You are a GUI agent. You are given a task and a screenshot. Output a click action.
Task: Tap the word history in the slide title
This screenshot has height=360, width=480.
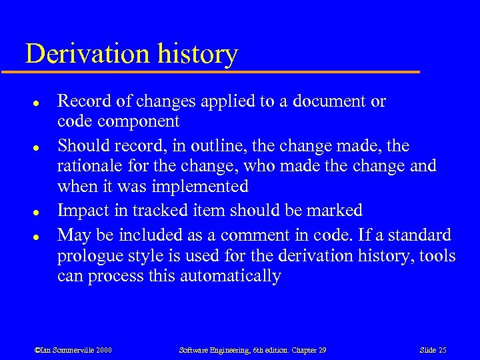tap(200, 54)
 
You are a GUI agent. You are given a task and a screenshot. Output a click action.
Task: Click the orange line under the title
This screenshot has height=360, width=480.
tap(220, 71)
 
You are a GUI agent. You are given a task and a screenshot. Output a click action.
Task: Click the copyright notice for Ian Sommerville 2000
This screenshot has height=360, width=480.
tap(73, 350)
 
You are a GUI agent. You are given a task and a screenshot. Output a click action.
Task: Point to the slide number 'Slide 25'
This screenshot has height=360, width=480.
tap(433, 350)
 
